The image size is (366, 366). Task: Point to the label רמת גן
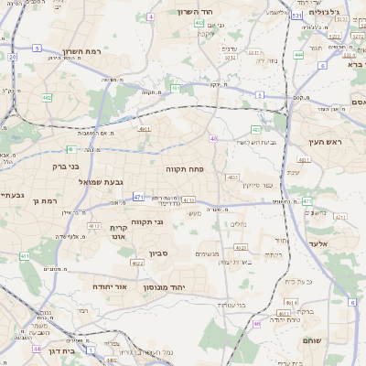coord(43,200)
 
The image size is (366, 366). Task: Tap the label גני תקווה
coord(173,221)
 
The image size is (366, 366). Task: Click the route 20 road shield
coord(13,57)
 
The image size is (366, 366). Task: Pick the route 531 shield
coord(296,16)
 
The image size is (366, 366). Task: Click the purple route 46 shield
coord(256,323)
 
